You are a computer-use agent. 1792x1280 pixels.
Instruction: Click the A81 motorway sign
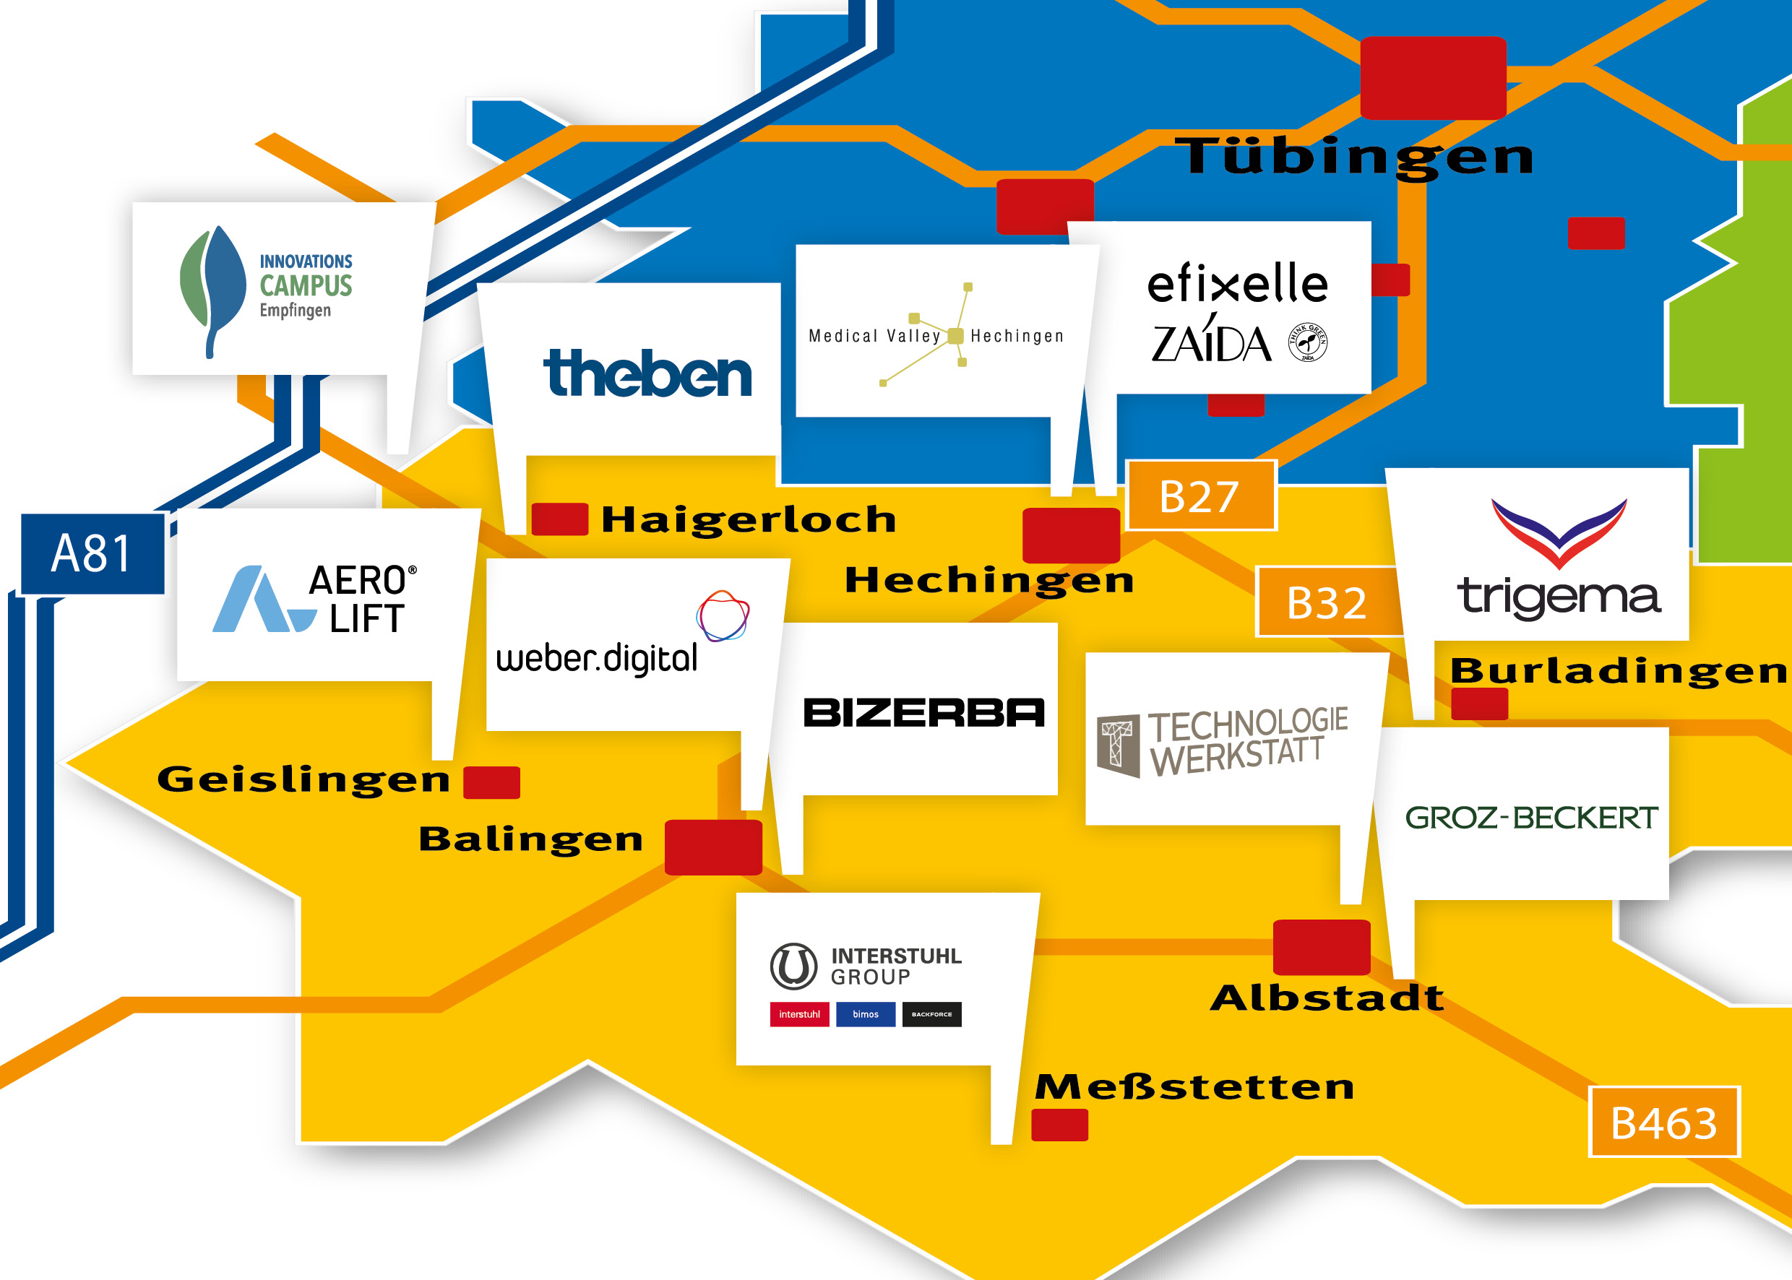point(92,553)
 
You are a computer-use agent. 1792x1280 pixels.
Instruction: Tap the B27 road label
point(1201,496)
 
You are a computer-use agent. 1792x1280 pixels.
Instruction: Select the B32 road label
point(1327,602)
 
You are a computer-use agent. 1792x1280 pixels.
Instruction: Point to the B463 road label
point(1664,1123)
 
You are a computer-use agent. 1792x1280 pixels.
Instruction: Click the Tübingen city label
point(1354,156)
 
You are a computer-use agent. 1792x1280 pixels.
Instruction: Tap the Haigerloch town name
point(748,520)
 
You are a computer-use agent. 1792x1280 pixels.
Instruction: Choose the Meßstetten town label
point(1194,1087)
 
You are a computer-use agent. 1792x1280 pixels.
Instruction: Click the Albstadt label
point(1327,998)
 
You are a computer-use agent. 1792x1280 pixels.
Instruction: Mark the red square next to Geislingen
point(491,782)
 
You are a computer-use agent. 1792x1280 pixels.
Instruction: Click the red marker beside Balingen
point(713,847)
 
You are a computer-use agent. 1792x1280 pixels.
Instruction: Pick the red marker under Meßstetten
point(1059,1125)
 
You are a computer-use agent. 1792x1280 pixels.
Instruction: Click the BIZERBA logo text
point(923,712)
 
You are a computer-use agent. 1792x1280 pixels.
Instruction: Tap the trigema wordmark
point(1559,597)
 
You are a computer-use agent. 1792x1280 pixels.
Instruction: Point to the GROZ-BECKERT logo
point(1531,818)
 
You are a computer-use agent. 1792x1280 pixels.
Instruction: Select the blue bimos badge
point(866,1014)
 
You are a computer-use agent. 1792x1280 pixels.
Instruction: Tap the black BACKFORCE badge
point(932,1014)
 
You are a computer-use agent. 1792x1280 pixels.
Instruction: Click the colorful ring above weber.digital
point(722,615)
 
